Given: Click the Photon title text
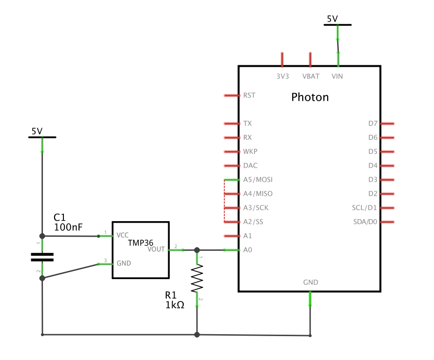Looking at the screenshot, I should (310, 97).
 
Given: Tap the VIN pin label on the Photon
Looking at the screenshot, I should (337, 76).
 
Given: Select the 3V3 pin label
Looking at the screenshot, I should (283, 76).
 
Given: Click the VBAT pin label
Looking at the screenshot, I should (311, 76).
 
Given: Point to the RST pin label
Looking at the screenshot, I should (249, 95).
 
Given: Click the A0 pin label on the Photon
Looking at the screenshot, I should (247, 250).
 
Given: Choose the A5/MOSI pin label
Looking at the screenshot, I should (257, 180).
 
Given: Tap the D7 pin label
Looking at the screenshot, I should (373, 124).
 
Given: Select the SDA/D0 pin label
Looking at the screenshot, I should (365, 222).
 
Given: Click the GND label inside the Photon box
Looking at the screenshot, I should (311, 282).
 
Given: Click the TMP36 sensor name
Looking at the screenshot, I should (141, 242).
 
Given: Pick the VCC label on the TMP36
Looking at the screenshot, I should (122, 235).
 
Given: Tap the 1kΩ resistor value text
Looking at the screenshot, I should (175, 305).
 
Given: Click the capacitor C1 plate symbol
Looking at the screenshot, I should (42, 257).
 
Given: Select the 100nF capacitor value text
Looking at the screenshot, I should (68, 227).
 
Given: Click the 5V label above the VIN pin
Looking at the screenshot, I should (332, 19).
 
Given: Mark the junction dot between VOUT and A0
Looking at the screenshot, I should (197, 250).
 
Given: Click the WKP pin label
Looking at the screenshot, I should (250, 152).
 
